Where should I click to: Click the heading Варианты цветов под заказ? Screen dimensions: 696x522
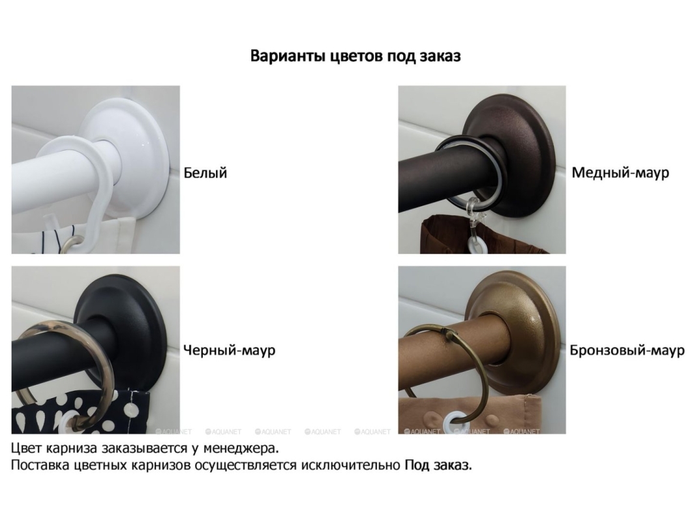pos(356,56)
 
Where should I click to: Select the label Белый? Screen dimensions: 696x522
pos(205,172)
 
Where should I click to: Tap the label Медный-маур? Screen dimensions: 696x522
pos(620,173)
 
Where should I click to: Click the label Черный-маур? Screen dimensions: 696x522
pos(229,350)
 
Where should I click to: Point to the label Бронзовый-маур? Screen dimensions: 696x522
pos(627,350)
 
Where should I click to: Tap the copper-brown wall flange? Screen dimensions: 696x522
pos(524,133)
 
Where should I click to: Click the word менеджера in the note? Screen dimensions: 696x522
pos(241,449)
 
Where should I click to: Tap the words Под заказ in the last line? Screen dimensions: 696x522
pos(438,466)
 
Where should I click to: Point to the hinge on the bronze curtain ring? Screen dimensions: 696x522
pos(451,336)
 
